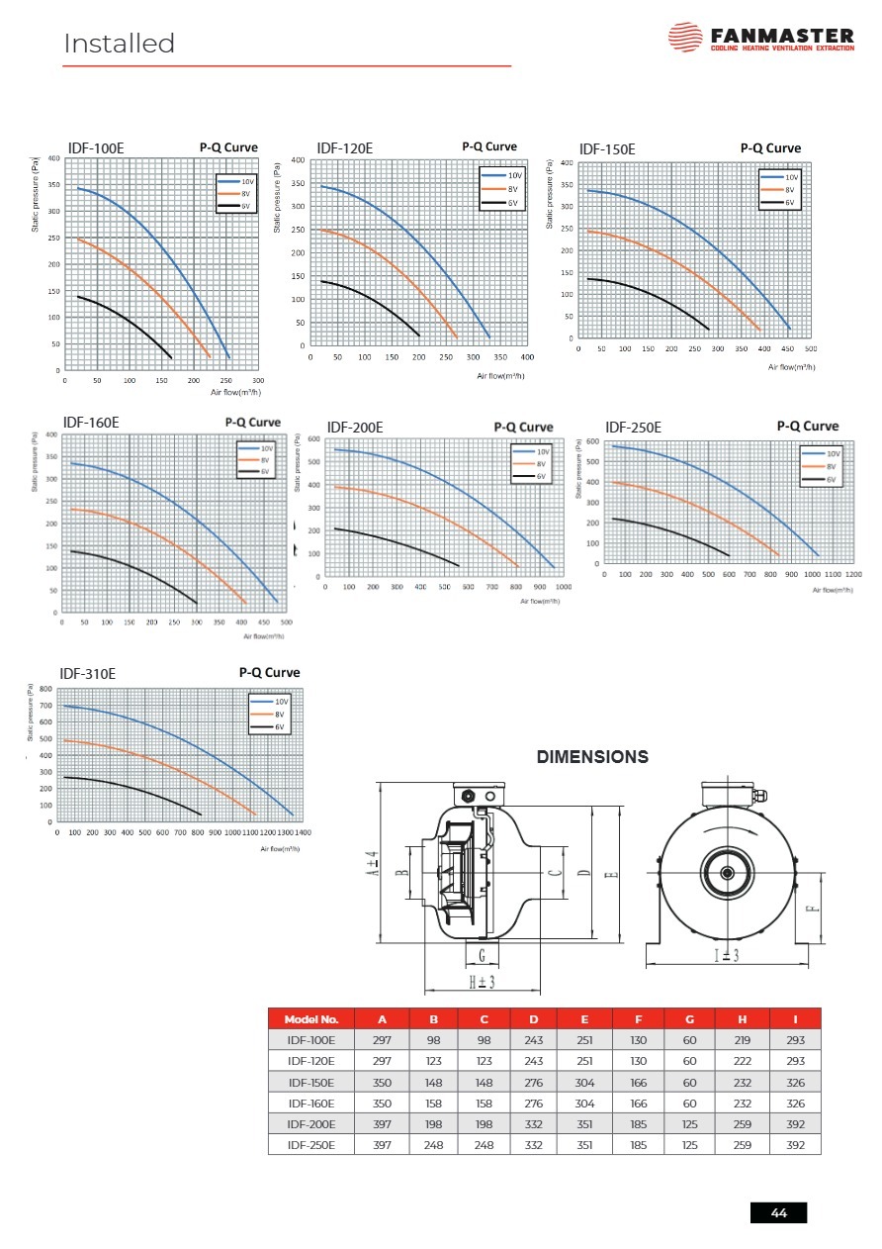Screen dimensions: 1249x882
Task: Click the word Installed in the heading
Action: [119, 44]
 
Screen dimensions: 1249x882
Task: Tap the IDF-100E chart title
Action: [96, 148]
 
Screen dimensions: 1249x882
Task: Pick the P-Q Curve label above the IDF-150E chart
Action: [770, 148]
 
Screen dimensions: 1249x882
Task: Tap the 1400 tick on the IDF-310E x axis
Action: [303, 832]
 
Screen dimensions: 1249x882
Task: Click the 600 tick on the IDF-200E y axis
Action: [313, 438]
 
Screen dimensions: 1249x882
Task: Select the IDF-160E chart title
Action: [91, 423]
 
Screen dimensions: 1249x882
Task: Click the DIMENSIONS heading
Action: [592, 757]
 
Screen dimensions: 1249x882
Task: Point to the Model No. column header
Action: [311, 1019]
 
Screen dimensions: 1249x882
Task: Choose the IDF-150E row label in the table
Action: [311, 1082]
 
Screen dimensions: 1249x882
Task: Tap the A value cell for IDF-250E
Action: [382, 1144]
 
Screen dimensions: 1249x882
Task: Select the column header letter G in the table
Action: [689, 1019]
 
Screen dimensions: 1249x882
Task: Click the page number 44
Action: [778, 1213]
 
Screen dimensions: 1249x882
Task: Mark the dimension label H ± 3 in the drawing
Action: [482, 982]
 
